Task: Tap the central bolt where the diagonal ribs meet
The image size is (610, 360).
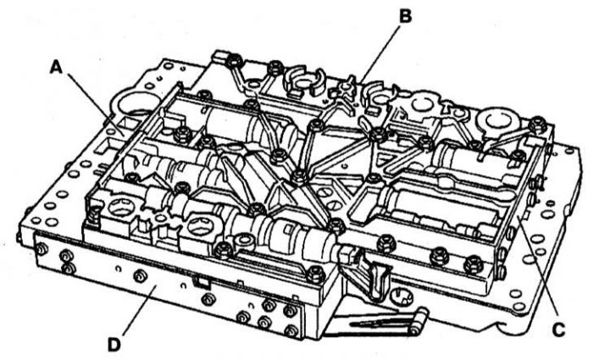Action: tap(298, 175)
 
